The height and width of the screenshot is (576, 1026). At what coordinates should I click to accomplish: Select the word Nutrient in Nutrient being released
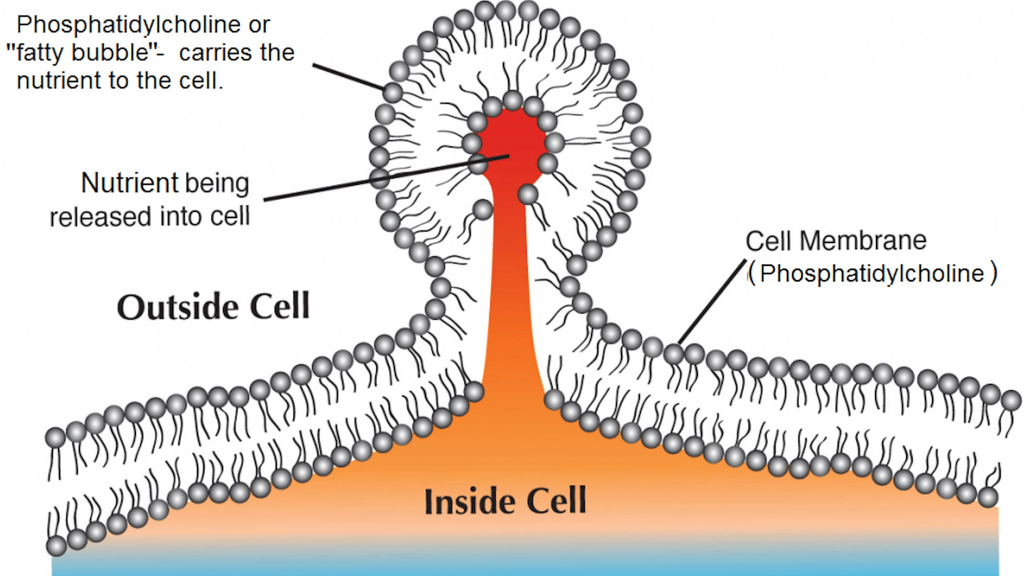point(130,183)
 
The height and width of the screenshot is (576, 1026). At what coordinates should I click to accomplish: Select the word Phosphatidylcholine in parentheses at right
point(872,274)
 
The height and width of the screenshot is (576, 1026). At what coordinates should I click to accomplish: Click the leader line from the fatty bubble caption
point(348,77)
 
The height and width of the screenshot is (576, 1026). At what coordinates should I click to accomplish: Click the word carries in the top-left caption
point(215,52)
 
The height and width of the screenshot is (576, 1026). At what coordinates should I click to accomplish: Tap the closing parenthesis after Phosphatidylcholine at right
point(993,273)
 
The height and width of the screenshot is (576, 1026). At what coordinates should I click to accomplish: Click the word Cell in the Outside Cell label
point(280,306)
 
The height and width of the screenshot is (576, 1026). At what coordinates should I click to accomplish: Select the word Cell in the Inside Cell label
point(556,502)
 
